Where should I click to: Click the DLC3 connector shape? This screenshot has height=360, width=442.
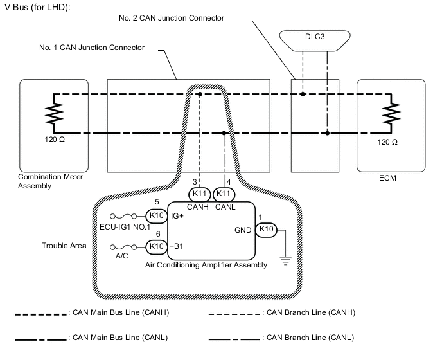click(315, 39)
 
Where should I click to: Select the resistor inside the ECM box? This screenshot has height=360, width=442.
click(388, 114)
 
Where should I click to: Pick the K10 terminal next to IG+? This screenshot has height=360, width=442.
click(156, 216)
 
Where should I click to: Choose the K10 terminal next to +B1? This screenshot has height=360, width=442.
click(156, 246)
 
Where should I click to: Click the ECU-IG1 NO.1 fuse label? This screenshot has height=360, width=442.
click(125, 226)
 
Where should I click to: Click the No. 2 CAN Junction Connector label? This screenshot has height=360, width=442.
click(172, 17)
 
